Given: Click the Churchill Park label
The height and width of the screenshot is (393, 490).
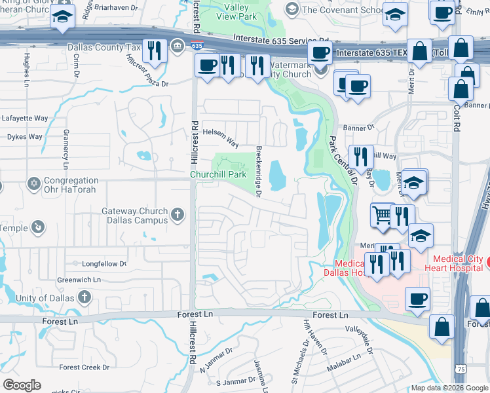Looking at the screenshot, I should (x=218, y=175).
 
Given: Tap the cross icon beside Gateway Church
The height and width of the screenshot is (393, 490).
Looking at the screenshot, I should (x=177, y=214).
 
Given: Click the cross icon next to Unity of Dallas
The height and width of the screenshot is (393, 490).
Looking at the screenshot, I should (x=84, y=297).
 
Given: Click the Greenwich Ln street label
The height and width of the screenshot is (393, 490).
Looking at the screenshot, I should (x=79, y=280).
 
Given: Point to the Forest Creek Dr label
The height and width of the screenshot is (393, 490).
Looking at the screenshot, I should (x=85, y=367).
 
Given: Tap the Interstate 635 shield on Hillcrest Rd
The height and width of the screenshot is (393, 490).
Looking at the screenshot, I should (x=197, y=45).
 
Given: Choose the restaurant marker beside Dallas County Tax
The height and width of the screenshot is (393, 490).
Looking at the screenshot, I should (x=155, y=50).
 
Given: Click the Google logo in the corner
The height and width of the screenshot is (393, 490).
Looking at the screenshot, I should (x=22, y=385).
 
